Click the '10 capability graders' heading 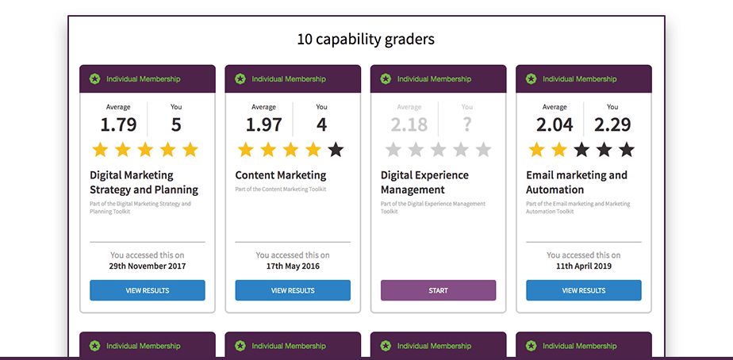[366, 39]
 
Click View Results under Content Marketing [293, 290]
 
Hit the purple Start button [438, 290]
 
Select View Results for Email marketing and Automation [584, 290]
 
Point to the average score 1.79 [118, 124]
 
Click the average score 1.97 [263, 124]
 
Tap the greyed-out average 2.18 [409, 124]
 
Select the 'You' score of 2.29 [612, 124]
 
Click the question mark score [467, 124]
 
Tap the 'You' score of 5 [176, 124]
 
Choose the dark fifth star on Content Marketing [336, 149]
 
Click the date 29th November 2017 [148, 266]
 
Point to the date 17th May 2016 [293, 266]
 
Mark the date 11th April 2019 [584, 266]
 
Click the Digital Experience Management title [424, 182]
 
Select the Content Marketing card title [281, 175]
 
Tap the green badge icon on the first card [95, 79]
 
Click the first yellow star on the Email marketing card [537, 149]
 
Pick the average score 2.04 [555, 124]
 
